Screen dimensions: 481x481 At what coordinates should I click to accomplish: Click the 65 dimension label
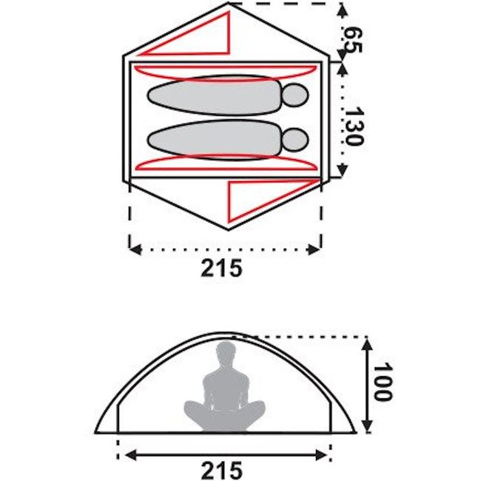[x=353, y=40]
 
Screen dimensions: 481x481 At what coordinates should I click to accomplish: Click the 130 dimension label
[x=354, y=126]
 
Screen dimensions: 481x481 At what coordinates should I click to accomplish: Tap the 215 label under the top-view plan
[x=221, y=268]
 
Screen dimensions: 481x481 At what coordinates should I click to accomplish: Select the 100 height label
[x=383, y=381]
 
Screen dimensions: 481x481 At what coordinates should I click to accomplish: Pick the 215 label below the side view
[x=221, y=470]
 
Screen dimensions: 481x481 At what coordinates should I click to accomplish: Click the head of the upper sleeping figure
[x=295, y=95]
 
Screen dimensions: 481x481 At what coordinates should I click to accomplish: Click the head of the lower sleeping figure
[x=295, y=140]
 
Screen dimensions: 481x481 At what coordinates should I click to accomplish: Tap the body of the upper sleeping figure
[x=214, y=95]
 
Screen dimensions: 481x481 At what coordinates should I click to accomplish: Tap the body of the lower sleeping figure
[x=214, y=140]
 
